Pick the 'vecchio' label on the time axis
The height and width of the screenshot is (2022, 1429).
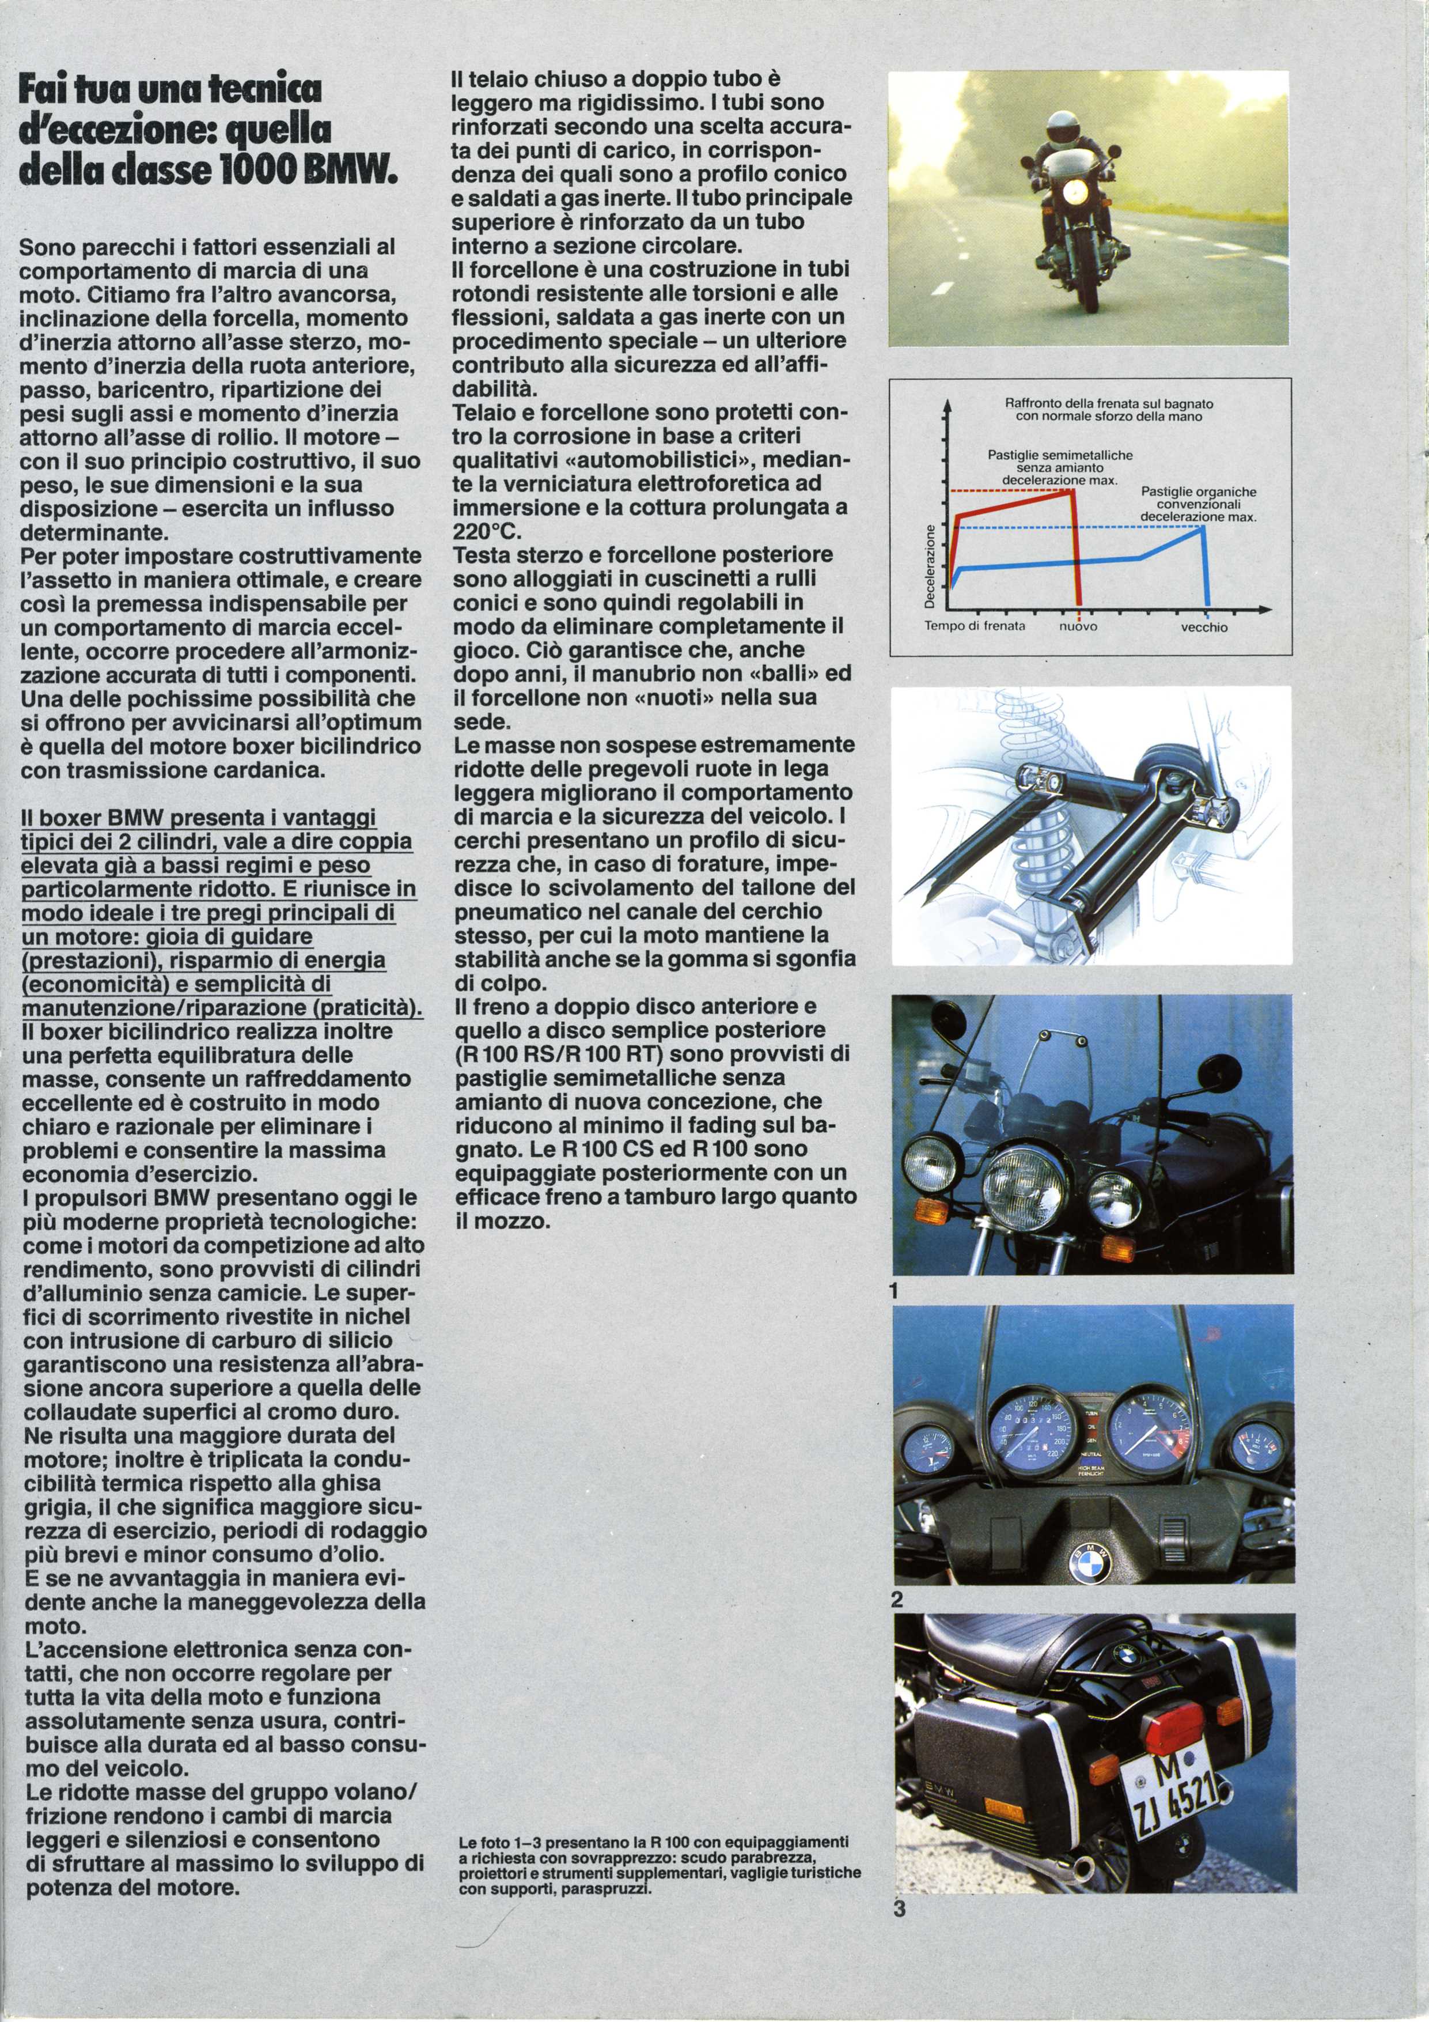pos(1204,627)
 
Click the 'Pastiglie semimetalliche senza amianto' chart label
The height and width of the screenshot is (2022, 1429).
pos(1060,462)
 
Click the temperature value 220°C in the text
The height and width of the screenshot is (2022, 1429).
pos(487,532)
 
